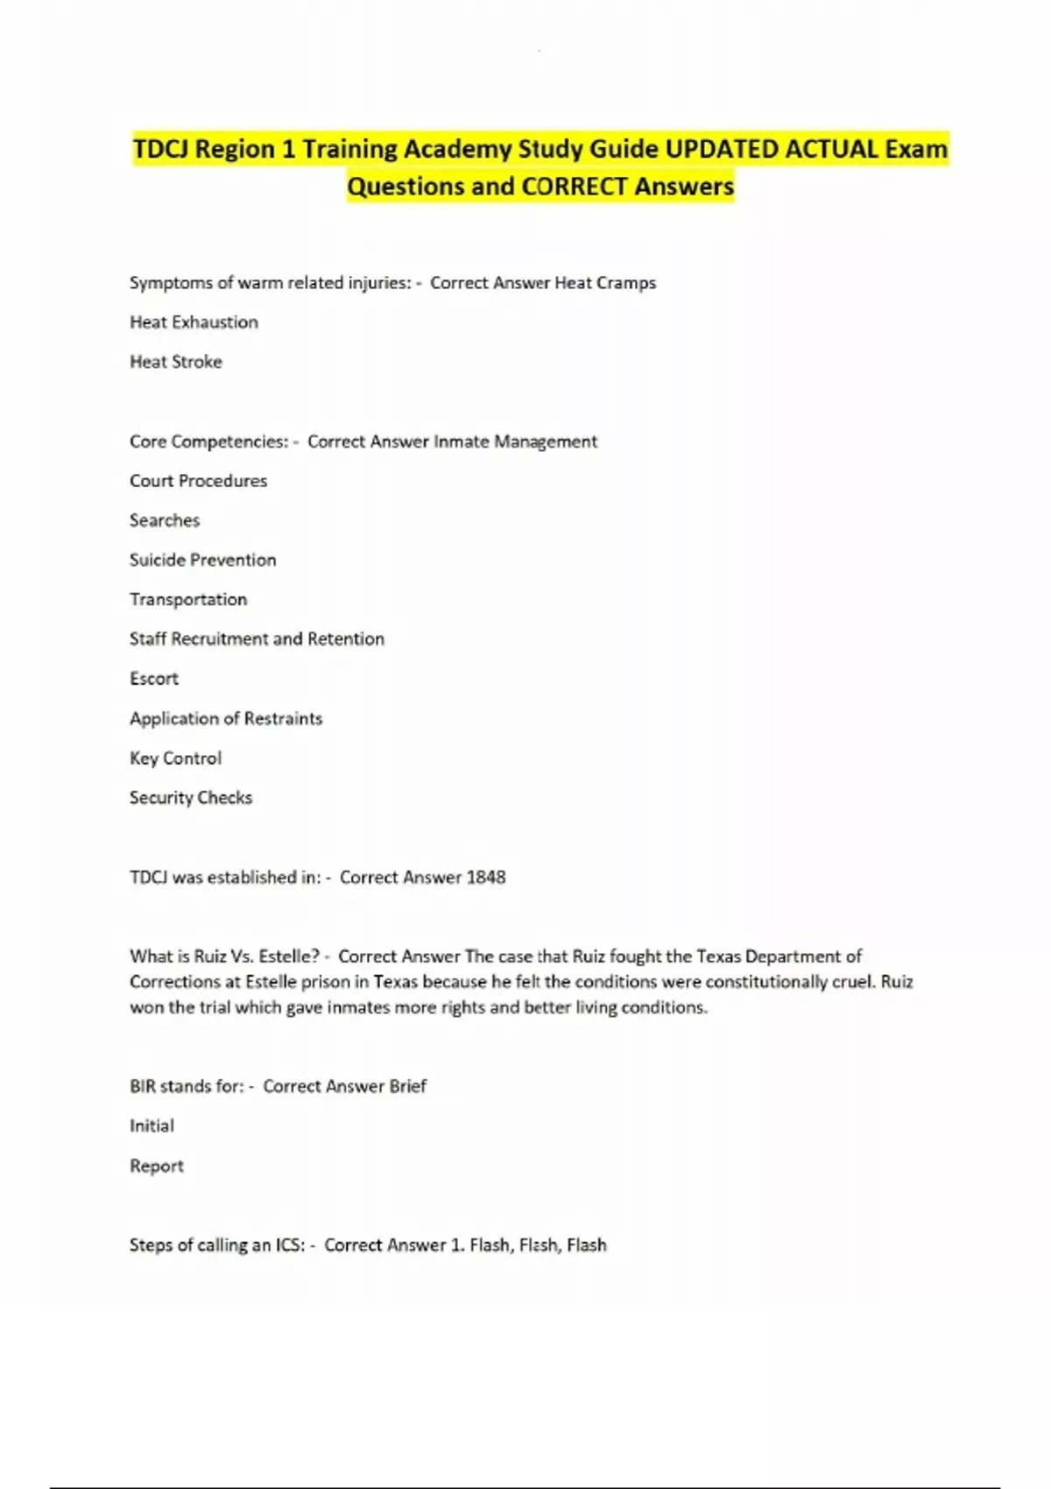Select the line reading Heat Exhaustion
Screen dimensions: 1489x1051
(x=194, y=322)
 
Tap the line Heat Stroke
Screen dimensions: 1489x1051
(x=175, y=362)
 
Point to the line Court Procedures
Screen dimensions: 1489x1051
(x=198, y=481)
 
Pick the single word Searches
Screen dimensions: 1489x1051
(x=165, y=520)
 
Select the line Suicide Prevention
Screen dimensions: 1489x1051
(x=202, y=560)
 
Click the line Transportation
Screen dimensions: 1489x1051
(x=188, y=599)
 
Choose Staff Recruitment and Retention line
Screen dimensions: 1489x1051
(x=257, y=639)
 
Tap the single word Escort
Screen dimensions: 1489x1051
(x=154, y=679)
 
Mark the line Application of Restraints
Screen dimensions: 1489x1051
(x=226, y=718)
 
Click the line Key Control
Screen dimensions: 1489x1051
(x=175, y=759)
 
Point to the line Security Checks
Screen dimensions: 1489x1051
(x=191, y=798)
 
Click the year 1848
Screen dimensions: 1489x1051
(x=486, y=878)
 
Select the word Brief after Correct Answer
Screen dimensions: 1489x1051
(x=407, y=1086)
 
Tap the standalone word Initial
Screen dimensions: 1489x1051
(x=152, y=1126)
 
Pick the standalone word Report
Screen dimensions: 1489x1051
(x=157, y=1166)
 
